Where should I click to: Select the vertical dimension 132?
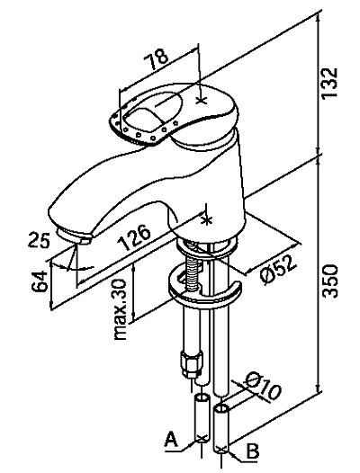(328, 82)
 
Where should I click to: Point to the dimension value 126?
(134, 236)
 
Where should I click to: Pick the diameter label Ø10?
(263, 387)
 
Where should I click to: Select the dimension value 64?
(40, 281)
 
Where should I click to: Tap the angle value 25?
(39, 239)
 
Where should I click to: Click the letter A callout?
(171, 439)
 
